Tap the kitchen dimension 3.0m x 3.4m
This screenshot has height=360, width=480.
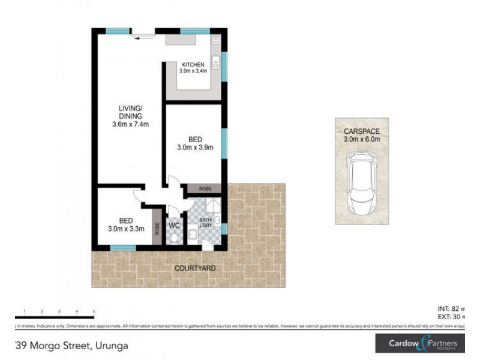pyautogui.click(x=193, y=71)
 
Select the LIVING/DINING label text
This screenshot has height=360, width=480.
pyautogui.click(x=130, y=113)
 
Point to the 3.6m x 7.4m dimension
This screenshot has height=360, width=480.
pyautogui.click(x=130, y=125)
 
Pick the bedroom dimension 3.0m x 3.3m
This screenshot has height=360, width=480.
pyautogui.click(x=127, y=228)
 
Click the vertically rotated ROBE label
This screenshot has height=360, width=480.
pyautogui.click(x=157, y=228)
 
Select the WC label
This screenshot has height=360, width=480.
pyautogui.click(x=175, y=226)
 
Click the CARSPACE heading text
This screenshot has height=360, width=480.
pyautogui.click(x=362, y=131)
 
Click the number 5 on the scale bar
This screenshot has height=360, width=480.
pyautogui.click(x=94, y=311)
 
